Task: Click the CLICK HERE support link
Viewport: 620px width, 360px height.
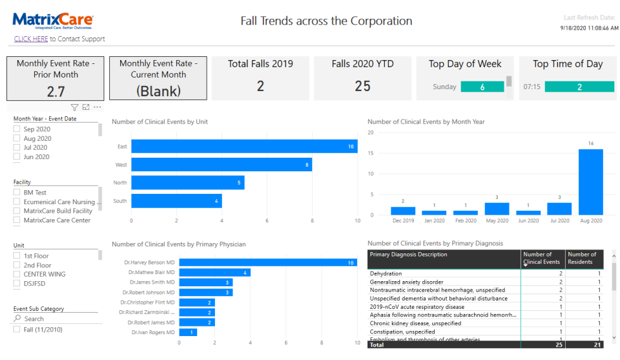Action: point(31,39)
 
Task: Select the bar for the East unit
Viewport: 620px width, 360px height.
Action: point(244,147)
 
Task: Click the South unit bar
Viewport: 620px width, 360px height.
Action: point(176,201)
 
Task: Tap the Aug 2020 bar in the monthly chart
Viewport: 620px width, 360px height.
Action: point(590,182)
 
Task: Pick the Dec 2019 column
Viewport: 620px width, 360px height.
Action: point(402,211)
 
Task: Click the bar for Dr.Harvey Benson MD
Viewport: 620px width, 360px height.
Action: point(267,262)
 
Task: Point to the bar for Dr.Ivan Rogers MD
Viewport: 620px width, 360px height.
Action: point(188,332)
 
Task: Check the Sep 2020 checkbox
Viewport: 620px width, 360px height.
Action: point(17,129)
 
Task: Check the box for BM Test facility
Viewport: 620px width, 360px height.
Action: point(17,193)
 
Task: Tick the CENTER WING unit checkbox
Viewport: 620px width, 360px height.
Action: point(17,274)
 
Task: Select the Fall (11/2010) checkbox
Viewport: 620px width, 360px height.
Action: point(17,330)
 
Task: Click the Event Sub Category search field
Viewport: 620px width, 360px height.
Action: point(58,319)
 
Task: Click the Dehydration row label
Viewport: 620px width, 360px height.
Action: point(386,273)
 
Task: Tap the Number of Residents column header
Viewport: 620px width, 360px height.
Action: point(582,258)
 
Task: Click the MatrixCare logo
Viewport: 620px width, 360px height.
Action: point(52,21)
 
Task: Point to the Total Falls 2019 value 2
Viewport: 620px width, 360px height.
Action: point(260,86)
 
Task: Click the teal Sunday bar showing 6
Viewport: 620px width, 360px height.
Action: point(482,87)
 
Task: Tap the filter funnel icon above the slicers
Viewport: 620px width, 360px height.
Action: point(74,107)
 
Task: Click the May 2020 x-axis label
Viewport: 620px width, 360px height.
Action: point(497,221)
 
